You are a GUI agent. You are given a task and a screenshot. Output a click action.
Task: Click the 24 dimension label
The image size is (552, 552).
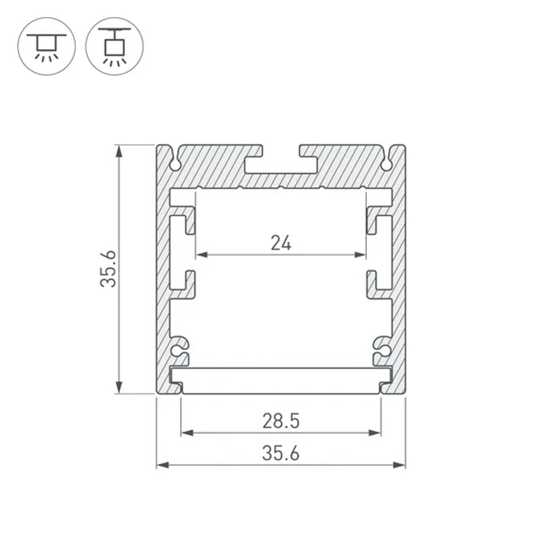[x=280, y=242]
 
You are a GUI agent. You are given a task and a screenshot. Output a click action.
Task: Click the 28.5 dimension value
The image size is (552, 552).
[x=280, y=422]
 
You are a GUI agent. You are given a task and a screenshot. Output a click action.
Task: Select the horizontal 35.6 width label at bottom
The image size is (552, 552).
[x=280, y=454]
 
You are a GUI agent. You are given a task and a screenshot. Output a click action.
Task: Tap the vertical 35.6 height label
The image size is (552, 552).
[x=109, y=268]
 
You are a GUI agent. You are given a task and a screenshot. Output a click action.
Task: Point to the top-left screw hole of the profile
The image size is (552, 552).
[x=176, y=164]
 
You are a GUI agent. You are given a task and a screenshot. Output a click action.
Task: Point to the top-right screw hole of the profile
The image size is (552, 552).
[x=386, y=164]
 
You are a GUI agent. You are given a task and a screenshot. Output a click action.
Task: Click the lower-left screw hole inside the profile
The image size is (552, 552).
[x=177, y=350]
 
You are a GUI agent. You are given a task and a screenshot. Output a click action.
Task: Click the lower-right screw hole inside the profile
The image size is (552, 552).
[x=385, y=350]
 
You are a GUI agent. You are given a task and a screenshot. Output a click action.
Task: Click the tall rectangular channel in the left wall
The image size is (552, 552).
[x=177, y=252]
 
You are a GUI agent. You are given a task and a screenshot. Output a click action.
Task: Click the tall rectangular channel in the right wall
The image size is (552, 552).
[x=385, y=252]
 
